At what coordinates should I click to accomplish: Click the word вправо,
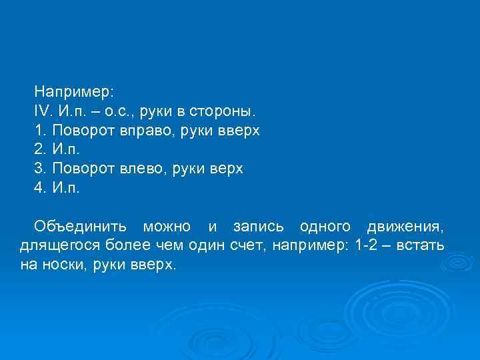click(x=149, y=129)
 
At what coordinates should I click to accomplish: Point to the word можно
click(x=167, y=227)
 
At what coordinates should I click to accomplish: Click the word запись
click(x=257, y=227)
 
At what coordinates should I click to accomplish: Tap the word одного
click(x=324, y=227)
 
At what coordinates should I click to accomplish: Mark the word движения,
click(x=405, y=227)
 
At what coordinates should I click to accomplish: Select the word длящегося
click(x=55, y=246)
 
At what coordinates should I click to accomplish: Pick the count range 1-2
click(x=366, y=246)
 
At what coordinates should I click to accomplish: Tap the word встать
click(x=420, y=246)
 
